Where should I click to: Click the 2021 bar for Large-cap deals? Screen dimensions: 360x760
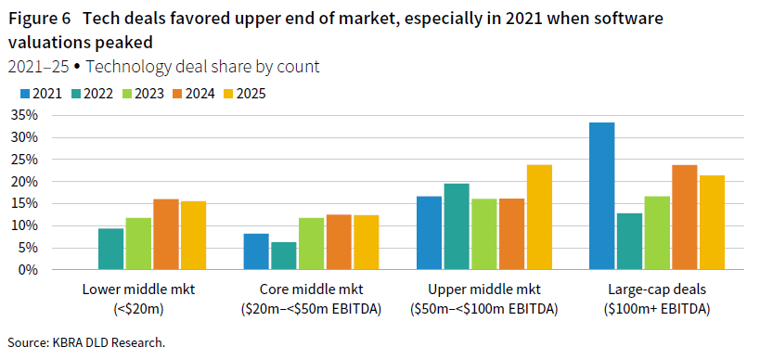coord(602,196)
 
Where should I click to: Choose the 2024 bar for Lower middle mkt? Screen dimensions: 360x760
coord(166,235)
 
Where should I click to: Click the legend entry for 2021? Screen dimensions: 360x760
coord(41,93)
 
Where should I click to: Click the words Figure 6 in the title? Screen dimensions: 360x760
coord(38,19)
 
